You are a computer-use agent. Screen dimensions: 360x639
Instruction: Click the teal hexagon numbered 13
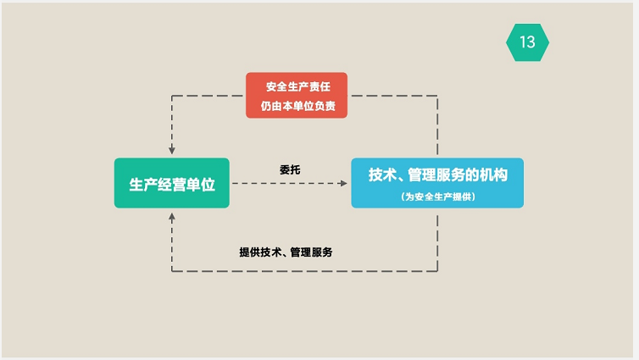point(527,42)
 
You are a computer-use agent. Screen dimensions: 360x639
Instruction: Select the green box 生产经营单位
point(172,183)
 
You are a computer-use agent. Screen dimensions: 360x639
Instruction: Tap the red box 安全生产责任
point(296,95)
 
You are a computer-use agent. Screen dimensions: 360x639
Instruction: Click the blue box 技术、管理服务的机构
point(437,183)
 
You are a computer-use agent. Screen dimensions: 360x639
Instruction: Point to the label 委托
point(290,169)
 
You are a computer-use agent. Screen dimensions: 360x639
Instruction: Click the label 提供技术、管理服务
point(286,252)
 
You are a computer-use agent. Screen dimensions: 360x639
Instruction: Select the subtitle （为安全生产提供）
point(438,197)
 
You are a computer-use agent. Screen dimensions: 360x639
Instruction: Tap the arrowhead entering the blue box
point(346,183)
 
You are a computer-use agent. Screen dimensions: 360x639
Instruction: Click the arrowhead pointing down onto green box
point(172,151)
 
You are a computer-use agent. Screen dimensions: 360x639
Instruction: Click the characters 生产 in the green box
point(141,184)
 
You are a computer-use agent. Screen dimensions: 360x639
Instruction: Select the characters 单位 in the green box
point(201,184)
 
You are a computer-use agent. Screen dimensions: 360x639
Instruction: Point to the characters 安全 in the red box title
point(275,86)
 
